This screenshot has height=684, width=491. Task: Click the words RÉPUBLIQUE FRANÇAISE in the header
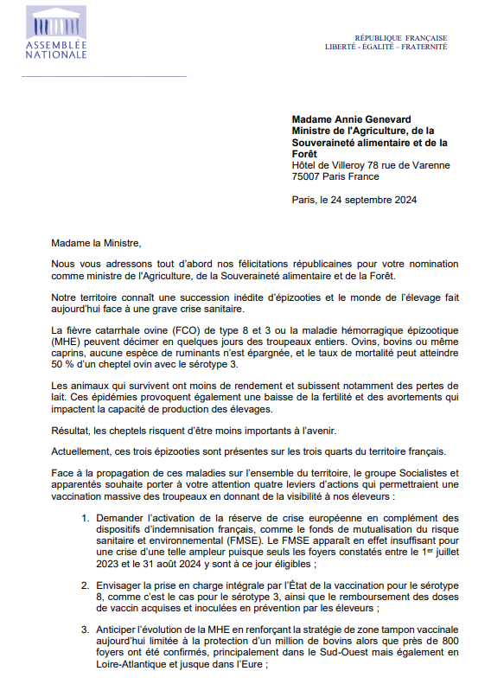pos(401,38)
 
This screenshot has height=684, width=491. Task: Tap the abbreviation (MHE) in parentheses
pos(66,342)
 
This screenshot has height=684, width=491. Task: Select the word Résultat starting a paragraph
pos(72,431)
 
